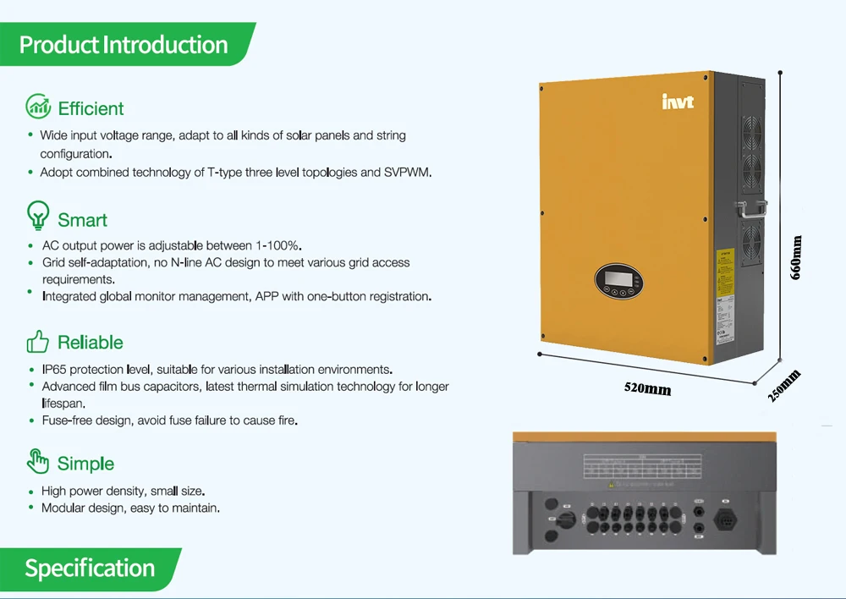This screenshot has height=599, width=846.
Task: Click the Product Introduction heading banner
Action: [x=124, y=44]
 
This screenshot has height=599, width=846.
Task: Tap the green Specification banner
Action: [x=90, y=569]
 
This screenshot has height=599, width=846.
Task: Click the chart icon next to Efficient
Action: [x=39, y=107]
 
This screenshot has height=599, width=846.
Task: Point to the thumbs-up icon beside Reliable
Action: [x=38, y=342]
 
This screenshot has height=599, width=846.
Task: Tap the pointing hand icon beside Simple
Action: [x=38, y=461]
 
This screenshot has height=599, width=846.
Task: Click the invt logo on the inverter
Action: [x=678, y=102]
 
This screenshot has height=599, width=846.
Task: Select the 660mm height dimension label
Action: [x=796, y=257]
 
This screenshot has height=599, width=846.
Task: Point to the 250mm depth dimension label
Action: [x=784, y=386]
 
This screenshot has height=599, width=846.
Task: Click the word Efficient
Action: [x=91, y=108]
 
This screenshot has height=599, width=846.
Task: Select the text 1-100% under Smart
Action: [x=276, y=245]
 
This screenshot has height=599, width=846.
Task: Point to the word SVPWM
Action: [x=408, y=173]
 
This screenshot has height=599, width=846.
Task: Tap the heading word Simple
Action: [x=85, y=464]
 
